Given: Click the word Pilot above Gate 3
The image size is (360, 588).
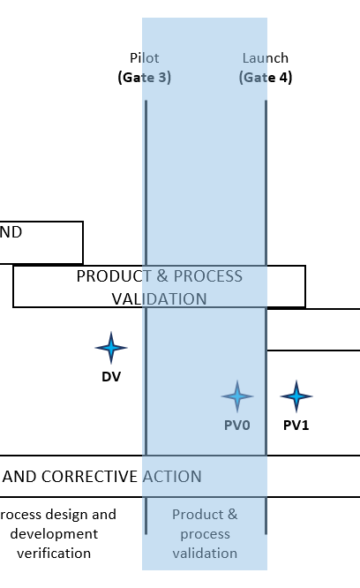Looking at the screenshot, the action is coord(144,58).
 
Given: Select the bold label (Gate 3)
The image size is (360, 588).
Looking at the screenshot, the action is coord(144,77).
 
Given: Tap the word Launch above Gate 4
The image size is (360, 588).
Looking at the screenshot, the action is coord(266,58).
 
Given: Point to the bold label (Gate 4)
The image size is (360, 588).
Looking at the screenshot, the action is coord(266,77).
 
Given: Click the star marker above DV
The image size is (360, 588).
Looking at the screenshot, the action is coord(111,348).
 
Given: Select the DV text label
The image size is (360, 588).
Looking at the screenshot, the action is coord(111,376).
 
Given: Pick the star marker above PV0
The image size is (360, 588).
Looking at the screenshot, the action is coord(237,396).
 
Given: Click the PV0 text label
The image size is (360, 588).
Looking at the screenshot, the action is coord(237,426).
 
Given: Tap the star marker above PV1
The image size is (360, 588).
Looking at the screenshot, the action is coord(296,396).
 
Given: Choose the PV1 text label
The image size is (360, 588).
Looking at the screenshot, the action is coord(296,426).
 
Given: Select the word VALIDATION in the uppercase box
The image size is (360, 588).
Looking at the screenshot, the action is coord(159,299).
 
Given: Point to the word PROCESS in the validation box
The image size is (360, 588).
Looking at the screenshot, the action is coord(208,276).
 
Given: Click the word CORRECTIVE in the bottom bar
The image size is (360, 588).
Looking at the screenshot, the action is coord(89,477).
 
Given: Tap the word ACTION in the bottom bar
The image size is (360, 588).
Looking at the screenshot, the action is coord(172,477).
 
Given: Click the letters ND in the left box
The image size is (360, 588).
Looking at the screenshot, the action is coord(11,232).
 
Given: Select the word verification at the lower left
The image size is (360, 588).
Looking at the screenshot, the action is coord(54,553).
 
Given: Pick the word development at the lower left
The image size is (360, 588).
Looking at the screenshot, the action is coord(54,533).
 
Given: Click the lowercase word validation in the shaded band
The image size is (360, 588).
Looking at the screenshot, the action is coord(205,553).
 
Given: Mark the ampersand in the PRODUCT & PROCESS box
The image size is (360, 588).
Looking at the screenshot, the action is coord(162,276).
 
